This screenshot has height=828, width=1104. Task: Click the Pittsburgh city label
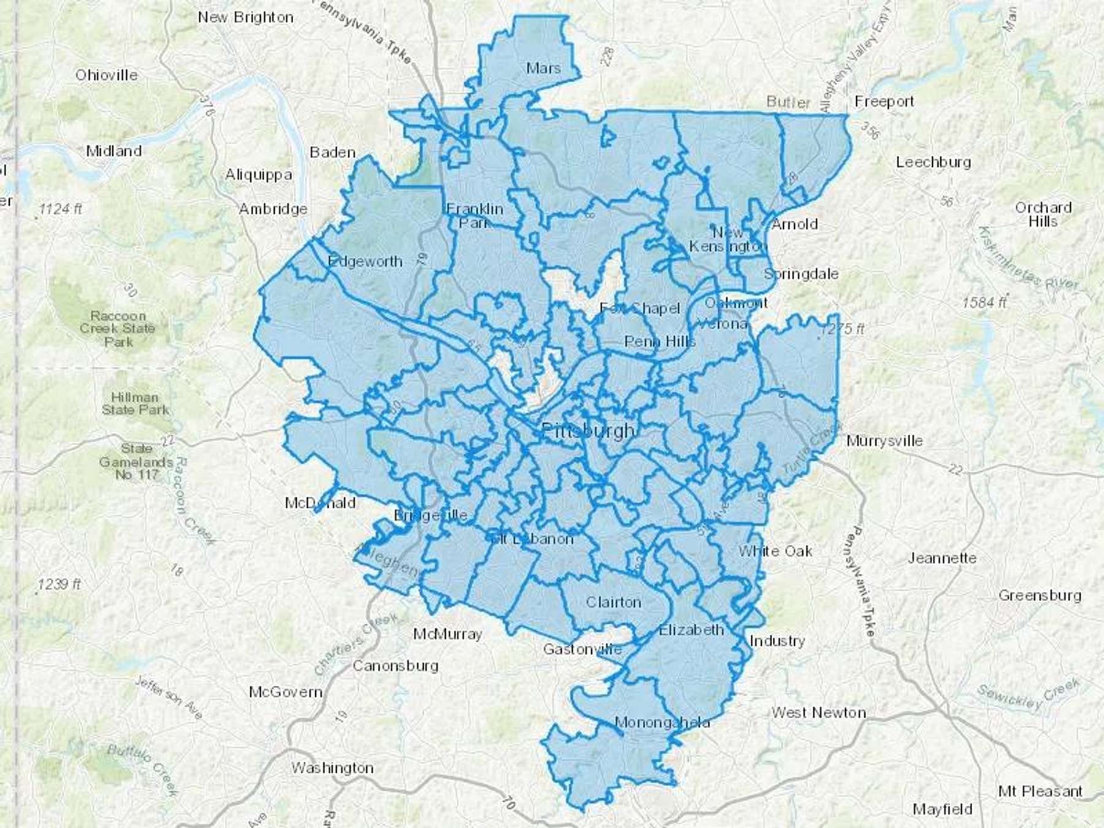pos(588,431)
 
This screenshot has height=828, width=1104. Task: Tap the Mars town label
pos(543,68)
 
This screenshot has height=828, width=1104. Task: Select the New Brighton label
pos(245,17)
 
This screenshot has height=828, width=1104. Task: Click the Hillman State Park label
pos(135,404)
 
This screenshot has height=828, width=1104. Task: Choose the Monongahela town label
pos(662,723)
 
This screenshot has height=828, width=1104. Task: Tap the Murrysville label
pos(884,441)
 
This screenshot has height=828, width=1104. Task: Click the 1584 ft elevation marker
pos(984,302)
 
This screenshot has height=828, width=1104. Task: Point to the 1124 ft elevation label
pos(60,209)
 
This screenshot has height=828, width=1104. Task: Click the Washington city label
pos(332,768)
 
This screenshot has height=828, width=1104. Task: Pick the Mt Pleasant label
pos(1040,791)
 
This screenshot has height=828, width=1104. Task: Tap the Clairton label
pos(613,602)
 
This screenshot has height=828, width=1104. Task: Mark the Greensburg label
pos(1040,596)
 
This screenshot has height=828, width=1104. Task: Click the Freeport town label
pos(884,101)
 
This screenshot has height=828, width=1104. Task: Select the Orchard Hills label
pos(1043,214)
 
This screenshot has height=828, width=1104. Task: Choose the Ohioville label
pos(107,75)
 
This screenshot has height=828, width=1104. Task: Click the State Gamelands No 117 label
pos(136,461)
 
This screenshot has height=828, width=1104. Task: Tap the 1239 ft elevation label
pos(59,585)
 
